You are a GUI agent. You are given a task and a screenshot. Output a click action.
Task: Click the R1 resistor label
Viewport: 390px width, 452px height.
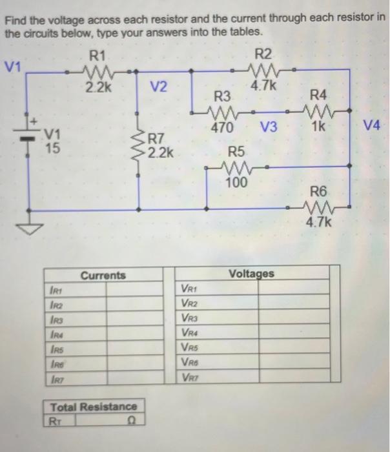99,56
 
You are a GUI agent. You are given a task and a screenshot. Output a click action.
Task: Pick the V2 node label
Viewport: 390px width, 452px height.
158,87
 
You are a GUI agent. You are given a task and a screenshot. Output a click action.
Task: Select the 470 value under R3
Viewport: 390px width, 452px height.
222,127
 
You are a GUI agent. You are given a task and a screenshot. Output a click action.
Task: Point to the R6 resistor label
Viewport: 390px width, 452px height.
318,191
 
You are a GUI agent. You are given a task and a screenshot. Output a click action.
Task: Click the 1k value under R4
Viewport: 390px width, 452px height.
319,127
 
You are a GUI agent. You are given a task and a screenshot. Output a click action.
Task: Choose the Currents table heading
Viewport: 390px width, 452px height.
103,276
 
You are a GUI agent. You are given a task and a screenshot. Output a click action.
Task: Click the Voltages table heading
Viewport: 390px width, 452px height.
251,274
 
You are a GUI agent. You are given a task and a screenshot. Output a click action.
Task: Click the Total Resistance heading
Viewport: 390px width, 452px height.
94,407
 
